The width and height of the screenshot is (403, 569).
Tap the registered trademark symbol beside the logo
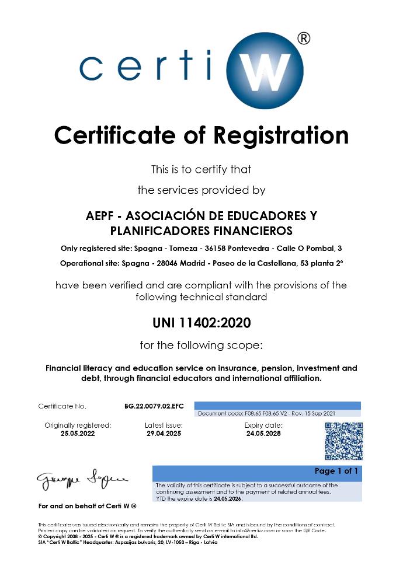(303, 39)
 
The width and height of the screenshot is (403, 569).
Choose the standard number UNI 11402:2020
(201, 322)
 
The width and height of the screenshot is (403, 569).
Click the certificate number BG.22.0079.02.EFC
(150, 406)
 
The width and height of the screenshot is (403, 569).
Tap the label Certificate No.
(62, 406)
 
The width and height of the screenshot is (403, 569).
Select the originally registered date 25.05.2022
(78, 434)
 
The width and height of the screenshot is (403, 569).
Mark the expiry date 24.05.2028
(263, 434)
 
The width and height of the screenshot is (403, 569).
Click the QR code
(343, 441)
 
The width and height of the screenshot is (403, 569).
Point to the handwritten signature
(82, 480)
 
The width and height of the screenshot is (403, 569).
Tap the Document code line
(266, 413)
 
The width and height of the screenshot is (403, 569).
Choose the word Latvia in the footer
(209, 542)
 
